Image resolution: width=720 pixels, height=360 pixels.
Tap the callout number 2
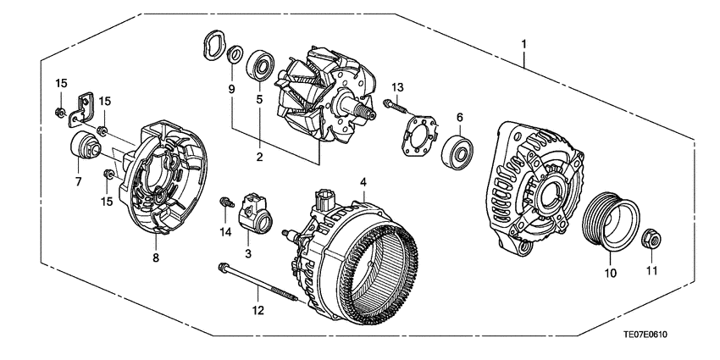[260, 157]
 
